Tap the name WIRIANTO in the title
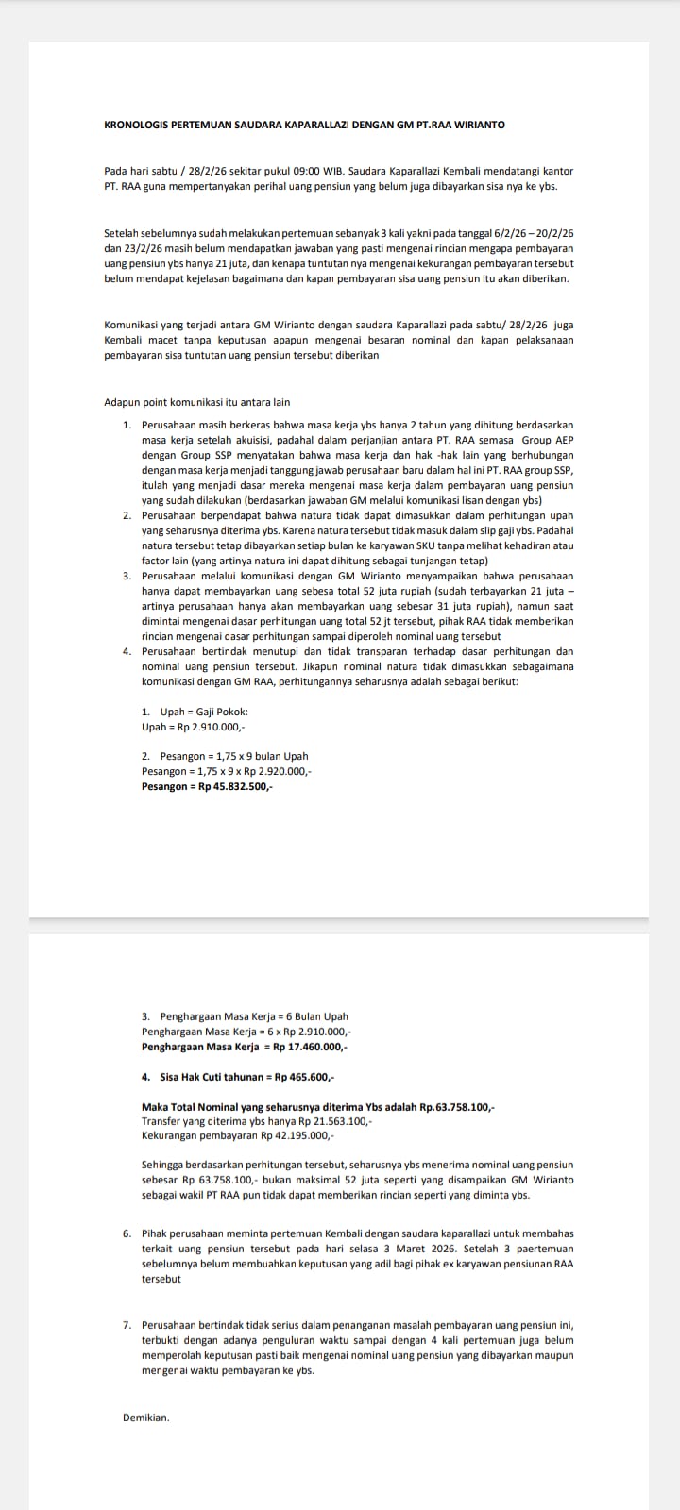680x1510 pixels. click(481, 125)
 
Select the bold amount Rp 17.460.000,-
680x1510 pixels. click(309, 1047)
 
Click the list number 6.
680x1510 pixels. click(127, 1233)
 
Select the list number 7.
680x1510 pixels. click(127, 1325)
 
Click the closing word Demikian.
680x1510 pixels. click(145, 1417)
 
